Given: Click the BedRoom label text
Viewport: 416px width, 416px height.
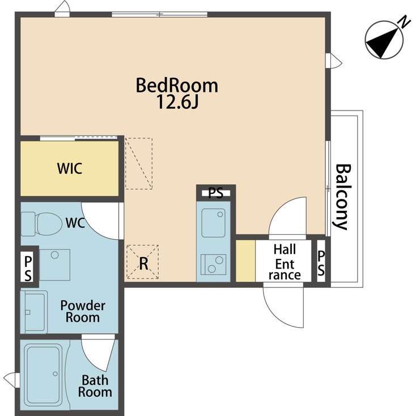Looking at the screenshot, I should tap(177, 86).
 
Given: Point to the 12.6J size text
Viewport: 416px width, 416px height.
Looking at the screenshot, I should tap(177, 103).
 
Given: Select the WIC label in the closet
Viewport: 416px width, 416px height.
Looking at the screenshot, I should tap(69, 168).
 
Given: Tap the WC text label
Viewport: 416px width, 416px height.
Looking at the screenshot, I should tap(75, 223).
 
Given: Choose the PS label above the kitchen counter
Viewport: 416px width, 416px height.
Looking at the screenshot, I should tap(215, 193).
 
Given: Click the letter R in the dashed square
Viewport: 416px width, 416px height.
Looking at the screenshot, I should tap(143, 264).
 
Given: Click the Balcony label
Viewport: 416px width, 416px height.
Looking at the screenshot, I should tap(341, 197).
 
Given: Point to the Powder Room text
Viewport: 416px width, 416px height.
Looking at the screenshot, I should tap(83, 311).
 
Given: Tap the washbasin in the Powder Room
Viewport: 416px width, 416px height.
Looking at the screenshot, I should tap(35, 312).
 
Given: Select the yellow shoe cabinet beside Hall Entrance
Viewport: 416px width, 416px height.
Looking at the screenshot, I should tap(245, 261).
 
